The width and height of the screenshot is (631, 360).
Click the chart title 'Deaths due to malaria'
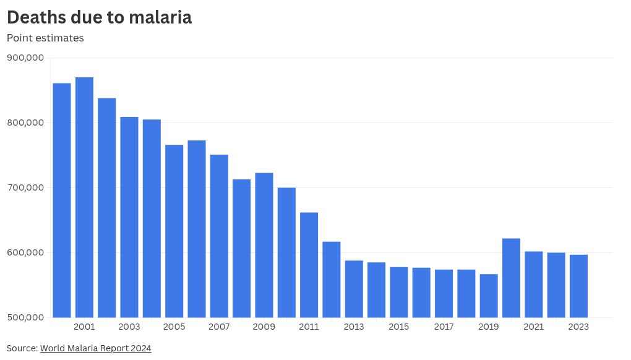[99, 17]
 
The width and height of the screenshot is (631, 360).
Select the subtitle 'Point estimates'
[45, 38]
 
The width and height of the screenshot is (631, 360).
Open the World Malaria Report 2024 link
[95, 348]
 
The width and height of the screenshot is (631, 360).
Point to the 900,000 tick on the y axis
[25, 58]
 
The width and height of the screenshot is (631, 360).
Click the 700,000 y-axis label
[25, 187]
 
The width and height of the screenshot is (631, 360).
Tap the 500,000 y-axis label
[25, 317]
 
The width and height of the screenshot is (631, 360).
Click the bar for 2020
[511, 278]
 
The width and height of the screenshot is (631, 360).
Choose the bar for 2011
[309, 265]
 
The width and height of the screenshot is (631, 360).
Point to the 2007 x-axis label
[219, 327]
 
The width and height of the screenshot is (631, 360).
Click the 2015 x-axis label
[399, 327]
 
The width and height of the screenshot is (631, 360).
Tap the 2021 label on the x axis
[533, 327]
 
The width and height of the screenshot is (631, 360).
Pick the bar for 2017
[444, 293]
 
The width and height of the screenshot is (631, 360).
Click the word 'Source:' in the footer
[22, 348]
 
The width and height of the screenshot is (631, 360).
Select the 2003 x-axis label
[129, 327]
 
